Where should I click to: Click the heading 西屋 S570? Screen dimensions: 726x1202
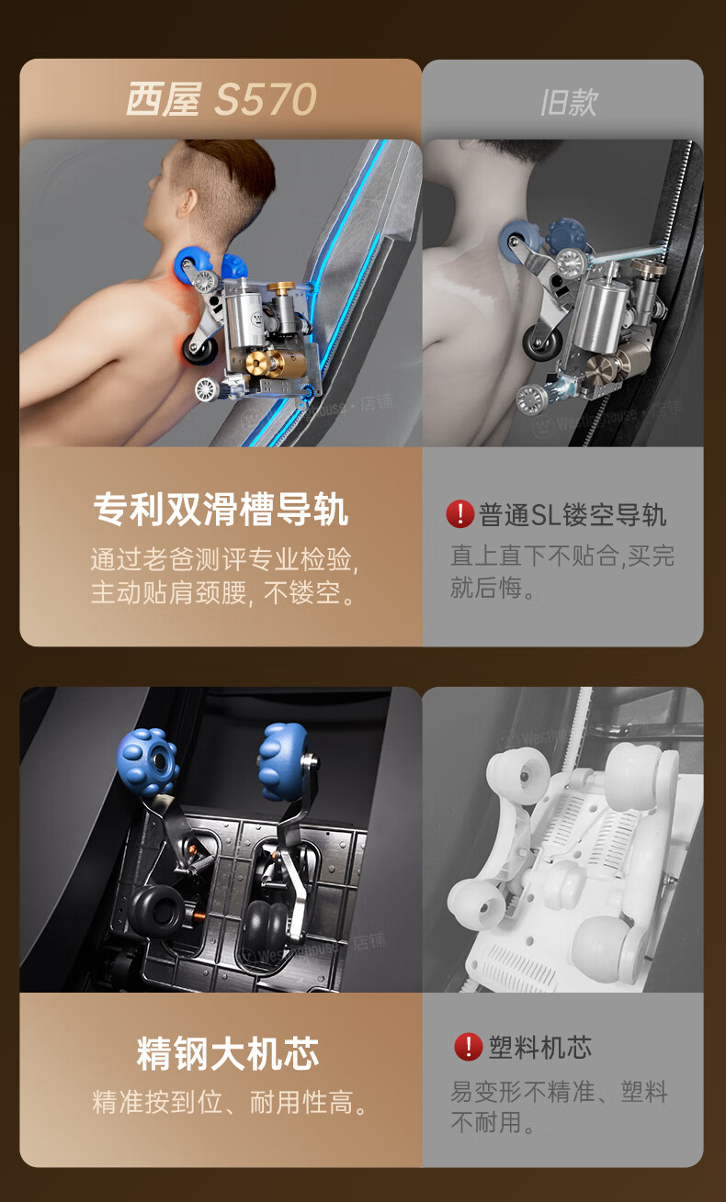click(221, 99)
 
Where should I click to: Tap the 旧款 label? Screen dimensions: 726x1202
click(569, 102)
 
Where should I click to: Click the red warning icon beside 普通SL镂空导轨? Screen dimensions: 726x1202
click(459, 514)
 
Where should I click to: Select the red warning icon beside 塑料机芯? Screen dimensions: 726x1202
click(469, 1047)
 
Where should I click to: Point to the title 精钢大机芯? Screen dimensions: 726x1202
click(228, 1053)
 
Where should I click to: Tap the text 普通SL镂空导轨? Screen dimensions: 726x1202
click(573, 514)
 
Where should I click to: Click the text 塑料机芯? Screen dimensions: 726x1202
click(539, 1047)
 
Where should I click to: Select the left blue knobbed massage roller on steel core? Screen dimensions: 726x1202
click(148, 761)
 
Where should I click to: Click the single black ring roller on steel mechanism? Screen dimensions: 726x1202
click(158, 912)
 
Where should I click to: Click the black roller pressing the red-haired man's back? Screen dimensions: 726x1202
click(199, 348)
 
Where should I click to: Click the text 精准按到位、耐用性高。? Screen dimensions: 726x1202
click(230, 1102)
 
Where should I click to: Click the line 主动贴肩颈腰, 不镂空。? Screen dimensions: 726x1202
click(222, 593)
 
